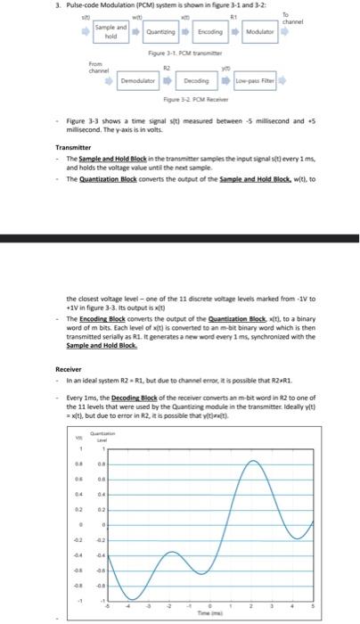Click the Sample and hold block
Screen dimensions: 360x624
(110, 33)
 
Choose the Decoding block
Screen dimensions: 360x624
(196, 79)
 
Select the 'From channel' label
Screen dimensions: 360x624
(97, 68)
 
